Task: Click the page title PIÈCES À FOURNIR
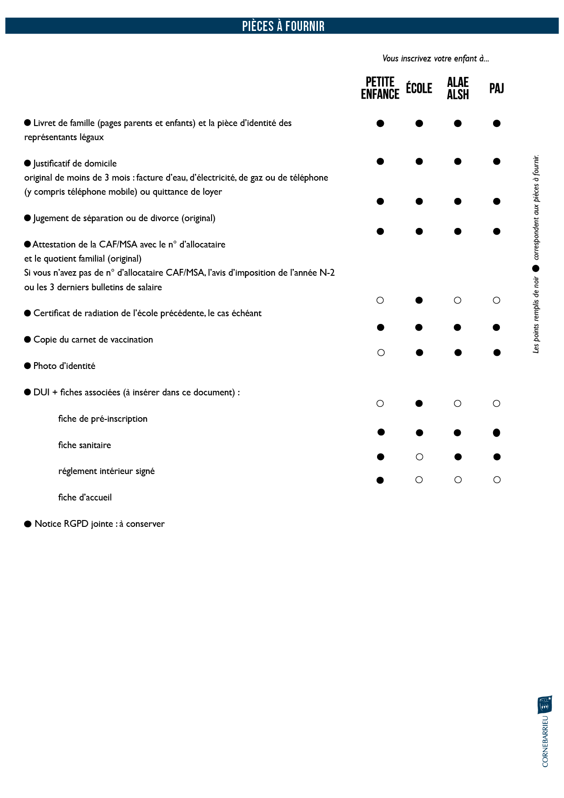coord(283,26)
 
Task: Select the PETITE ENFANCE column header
coord(380,88)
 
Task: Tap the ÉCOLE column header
coord(419,88)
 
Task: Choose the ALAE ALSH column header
coord(458,88)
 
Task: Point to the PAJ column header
coord(496,88)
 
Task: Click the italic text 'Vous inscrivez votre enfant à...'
coord(435,59)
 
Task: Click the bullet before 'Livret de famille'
coord(28,123)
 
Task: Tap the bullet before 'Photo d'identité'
coord(28,366)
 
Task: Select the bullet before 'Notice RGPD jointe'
coord(28,524)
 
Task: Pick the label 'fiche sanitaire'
coord(85,445)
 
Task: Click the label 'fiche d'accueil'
coord(85,497)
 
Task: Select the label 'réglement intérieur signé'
coord(106,471)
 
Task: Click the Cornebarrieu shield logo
coord(545,705)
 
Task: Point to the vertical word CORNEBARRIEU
coord(545,742)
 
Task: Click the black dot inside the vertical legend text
coord(536,268)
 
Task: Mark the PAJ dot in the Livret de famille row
coord(497,123)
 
